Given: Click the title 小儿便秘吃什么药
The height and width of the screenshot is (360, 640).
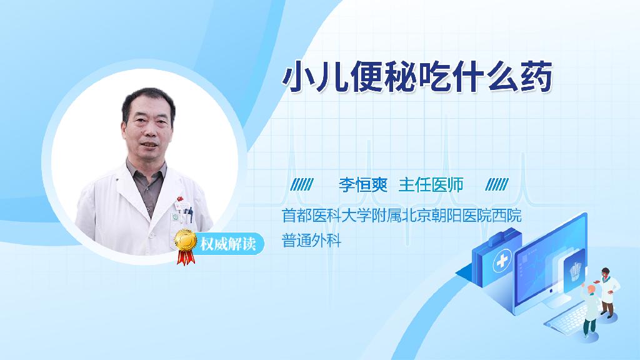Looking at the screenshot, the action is point(417,76).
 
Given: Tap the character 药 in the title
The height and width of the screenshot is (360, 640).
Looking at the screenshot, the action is point(536,76).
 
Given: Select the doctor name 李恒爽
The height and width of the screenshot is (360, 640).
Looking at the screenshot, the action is point(363,185).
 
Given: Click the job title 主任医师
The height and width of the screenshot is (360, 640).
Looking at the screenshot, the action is point(431,185).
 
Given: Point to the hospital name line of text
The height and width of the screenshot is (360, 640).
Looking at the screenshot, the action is point(402,216).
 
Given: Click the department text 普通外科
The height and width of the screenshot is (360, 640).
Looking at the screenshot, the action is point(311,241).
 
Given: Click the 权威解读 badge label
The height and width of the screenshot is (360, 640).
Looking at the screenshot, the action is point(227,244).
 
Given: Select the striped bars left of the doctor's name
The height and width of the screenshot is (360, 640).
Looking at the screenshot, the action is point(302,184).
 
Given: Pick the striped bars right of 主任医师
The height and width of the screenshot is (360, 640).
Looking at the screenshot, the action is point(497,184).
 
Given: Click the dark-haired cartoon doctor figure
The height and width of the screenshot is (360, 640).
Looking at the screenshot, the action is point(607,292).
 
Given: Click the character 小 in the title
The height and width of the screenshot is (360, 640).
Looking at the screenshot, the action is point(298,76).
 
